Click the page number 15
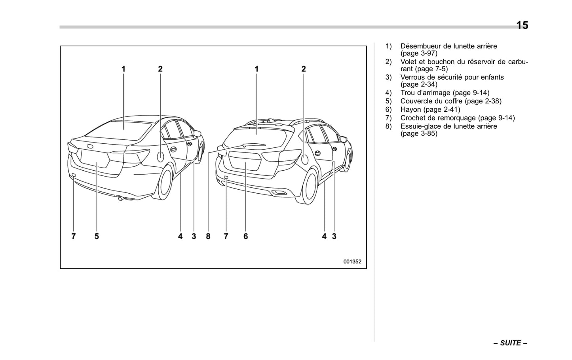tap(522, 25)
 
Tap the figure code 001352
tap(352, 261)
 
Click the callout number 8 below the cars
tap(208, 236)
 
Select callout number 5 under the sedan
tap(97, 236)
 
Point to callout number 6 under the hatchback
tap(245, 236)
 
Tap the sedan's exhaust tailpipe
tap(120, 198)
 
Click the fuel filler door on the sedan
tap(160, 156)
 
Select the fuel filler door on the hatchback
tap(304, 160)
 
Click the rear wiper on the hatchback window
tap(253, 145)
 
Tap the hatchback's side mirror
tap(343, 139)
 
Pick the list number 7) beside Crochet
tap(388, 118)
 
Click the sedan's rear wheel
tap(165, 182)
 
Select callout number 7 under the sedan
tap(73, 236)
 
